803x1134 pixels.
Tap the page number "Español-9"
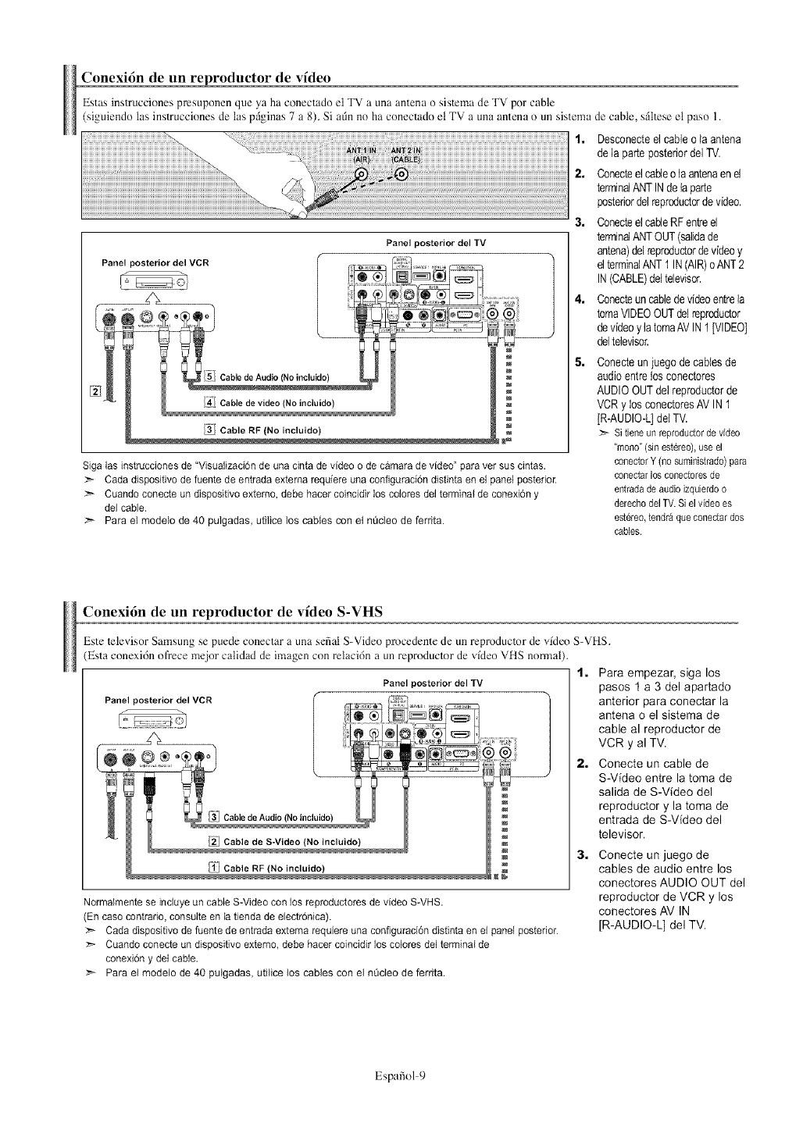401,1075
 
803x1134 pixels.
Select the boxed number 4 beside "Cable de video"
208,402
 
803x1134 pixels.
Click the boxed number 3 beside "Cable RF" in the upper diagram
209,429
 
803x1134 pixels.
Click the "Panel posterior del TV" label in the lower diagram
433,683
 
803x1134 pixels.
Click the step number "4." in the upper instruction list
580,301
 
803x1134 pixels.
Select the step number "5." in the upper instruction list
580,362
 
